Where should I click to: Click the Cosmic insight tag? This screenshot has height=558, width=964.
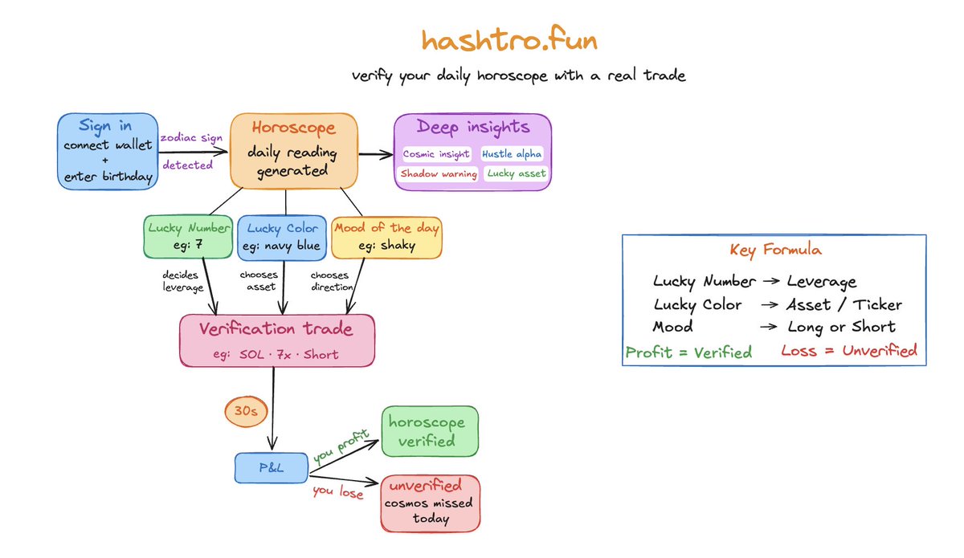(x=437, y=153)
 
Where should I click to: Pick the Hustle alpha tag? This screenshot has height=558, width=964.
(x=512, y=153)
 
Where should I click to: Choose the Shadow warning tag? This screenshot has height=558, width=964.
(x=439, y=173)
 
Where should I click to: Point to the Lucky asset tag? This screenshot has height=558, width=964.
(x=516, y=173)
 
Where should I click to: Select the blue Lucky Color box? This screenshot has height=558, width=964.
(x=281, y=237)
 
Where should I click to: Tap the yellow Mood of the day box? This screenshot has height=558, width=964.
(x=386, y=237)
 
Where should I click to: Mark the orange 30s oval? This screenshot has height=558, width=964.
(x=244, y=411)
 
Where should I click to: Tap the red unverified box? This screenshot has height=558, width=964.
(x=431, y=503)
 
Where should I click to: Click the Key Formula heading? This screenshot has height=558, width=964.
(x=774, y=250)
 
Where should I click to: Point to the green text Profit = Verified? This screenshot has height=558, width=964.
(x=688, y=352)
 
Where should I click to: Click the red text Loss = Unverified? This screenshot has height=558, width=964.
(x=848, y=351)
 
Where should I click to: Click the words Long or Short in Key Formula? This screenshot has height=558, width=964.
(x=841, y=327)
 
